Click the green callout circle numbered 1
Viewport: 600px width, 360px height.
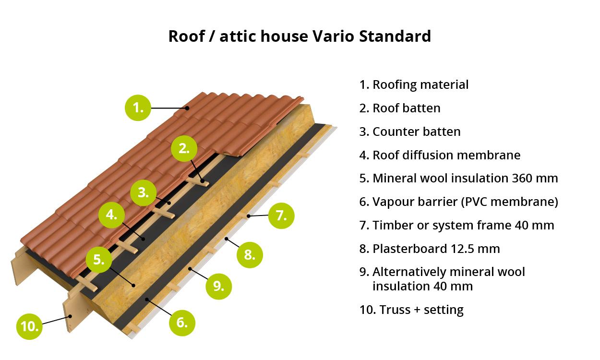[138, 108]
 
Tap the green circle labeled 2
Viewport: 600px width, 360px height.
[184, 148]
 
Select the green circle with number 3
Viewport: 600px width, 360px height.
[144, 192]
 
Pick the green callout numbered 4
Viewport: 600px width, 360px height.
[111, 215]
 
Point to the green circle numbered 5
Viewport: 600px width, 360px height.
[99, 260]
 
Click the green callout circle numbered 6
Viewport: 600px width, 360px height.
[182, 323]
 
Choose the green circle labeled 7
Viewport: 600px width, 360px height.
[281, 216]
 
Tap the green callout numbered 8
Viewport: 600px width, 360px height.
[250, 255]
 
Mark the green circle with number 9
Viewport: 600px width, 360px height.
[218, 287]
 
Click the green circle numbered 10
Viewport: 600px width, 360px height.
[29, 326]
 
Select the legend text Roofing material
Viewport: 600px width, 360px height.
[420, 84]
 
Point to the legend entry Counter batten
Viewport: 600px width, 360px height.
[410, 132]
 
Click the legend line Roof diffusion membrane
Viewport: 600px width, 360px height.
[440, 155]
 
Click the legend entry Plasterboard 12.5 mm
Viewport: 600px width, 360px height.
[430, 249]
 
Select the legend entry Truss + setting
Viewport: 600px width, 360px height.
[411, 310]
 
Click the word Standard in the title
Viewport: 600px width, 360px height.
[395, 36]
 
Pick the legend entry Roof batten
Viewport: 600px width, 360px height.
[400, 108]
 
